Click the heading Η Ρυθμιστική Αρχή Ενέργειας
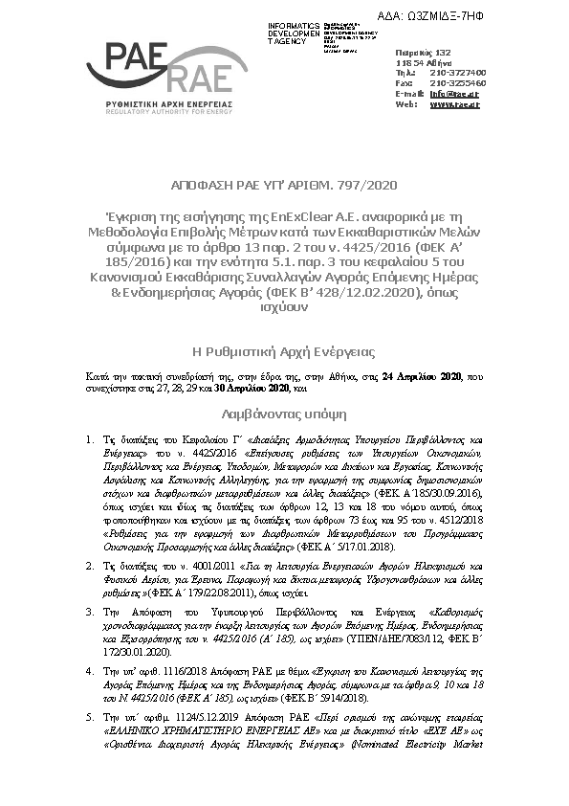pos(284,350)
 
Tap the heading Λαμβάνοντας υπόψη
pos(283,416)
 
